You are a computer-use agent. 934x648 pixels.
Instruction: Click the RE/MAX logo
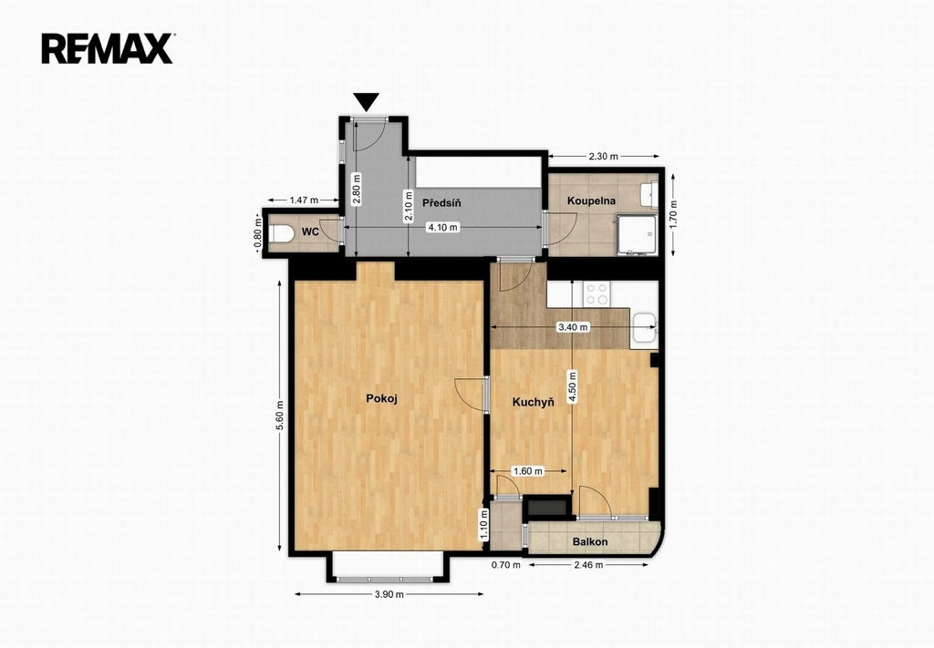tap(108, 48)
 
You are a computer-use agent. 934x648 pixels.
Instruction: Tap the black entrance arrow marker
tap(366, 102)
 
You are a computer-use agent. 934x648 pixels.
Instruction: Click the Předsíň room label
tap(441, 203)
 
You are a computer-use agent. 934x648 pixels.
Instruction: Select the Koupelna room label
tap(591, 201)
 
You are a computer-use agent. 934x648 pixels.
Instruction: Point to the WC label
tap(310, 232)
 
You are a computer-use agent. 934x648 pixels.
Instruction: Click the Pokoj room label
tap(381, 398)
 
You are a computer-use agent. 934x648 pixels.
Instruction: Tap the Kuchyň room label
tap(533, 402)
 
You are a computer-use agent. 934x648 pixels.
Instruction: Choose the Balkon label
tap(590, 541)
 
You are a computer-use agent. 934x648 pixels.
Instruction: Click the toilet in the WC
tap(281, 233)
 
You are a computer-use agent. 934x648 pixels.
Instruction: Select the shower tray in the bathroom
tap(637, 235)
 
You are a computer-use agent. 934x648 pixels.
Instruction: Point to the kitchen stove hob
tap(597, 293)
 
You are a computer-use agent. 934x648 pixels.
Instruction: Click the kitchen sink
tap(644, 328)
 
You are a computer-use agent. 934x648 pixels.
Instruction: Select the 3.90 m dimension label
tap(389, 594)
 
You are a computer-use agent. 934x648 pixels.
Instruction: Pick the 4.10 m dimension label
tap(443, 227)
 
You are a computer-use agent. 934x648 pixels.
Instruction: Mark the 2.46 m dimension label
tap(588, 565)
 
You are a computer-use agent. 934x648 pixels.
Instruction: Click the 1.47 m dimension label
tap(304, 200)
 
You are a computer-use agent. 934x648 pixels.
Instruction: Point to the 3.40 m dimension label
tap(573, 326)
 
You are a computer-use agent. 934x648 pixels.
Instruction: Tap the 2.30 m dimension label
tap(604, 157)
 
